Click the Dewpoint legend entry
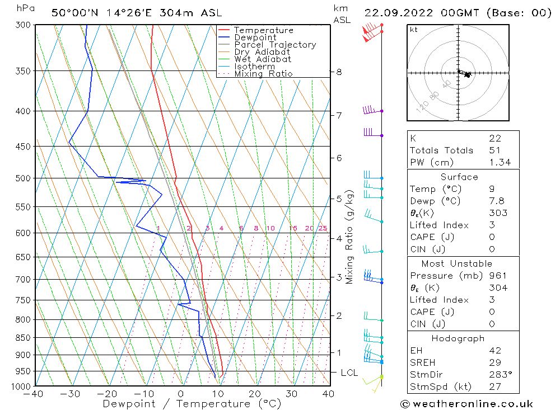click(255, 37)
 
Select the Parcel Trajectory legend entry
click(275, 45)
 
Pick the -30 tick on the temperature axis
click(71, 394)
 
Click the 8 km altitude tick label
click(339, 72)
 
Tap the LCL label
click(349, 373)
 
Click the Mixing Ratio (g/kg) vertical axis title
click(350, 237)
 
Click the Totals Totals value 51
click(495, 150)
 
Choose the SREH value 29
click(495, 363)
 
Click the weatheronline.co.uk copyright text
click(466, 404)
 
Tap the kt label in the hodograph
click(414, 30)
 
